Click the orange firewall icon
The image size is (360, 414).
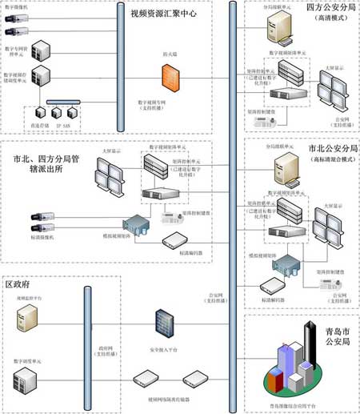(x=169, y=77)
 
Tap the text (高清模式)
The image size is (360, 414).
(x=330, y=18)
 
